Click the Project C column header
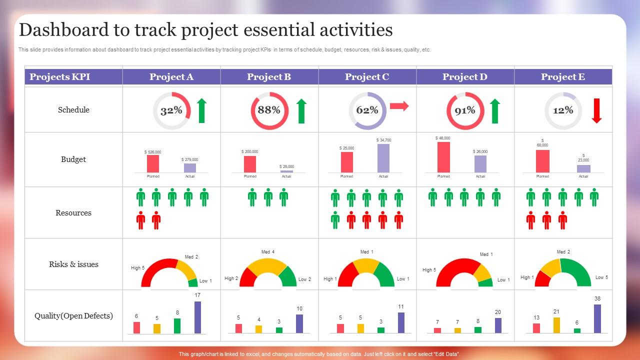[x=367, y=77]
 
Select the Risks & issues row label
[x=73, y=264]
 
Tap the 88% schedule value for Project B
[x=269, y=110]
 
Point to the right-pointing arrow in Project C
[x=399, y=106]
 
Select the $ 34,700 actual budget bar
[x=383, y=158]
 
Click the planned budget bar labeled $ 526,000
[x=153, y=163]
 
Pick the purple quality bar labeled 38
[x=597, y=318]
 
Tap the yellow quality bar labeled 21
[x=556, y=325]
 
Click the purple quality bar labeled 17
[x=197, y=317]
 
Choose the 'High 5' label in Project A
[x=137, y=268]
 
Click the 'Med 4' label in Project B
[x=268, y=252]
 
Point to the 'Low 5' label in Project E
[x=601, y=277]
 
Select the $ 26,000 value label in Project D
[x=480, y=151]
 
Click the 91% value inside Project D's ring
[x=465, y=110]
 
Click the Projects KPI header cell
[x=59, y=77]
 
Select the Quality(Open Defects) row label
[x=73, y=316]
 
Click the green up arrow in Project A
[x=201, y=110]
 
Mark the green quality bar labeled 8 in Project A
[x=177, y=325]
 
